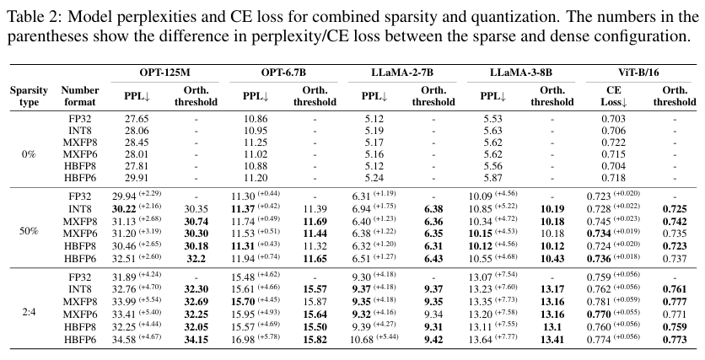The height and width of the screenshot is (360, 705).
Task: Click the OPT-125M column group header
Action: [164, 73]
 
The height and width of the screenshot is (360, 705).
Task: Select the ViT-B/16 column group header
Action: [642, 73]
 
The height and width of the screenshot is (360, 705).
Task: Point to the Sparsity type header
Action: [29, 96]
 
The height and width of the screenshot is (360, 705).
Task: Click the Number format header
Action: [80, 96]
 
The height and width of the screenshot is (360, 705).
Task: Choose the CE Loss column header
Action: [614, 96]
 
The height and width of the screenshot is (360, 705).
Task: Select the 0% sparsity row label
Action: [29, 154]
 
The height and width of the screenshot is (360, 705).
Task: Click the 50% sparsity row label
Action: [29, 231]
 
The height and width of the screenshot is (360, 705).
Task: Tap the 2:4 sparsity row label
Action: [29, 312]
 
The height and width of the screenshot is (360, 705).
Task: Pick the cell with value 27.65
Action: [137, 119]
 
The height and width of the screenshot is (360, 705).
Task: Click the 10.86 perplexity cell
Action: [256, 119]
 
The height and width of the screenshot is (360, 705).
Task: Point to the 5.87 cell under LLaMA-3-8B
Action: [493, 178]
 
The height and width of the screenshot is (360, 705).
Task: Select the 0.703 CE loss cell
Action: [613, 119]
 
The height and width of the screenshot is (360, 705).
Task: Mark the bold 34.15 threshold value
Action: [196, 339]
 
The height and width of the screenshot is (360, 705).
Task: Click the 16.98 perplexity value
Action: [243, 339]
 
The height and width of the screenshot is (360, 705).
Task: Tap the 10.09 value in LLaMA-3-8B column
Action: [481, 196]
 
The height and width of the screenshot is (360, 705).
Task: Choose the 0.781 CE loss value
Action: [599, 301]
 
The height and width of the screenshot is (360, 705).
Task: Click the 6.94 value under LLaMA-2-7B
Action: [362, 209]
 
